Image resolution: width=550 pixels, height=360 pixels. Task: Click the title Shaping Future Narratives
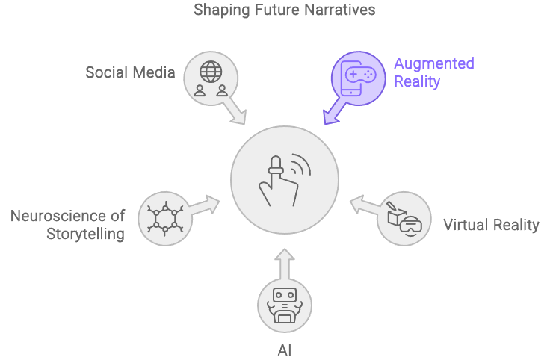[x=284, y=10]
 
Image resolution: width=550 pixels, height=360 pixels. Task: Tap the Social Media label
[x=130, y=72]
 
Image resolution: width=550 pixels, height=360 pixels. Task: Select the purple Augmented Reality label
[x=433, y=72]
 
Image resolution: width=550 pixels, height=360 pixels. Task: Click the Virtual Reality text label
[x=491, y=225]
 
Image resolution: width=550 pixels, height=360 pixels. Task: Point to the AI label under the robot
[x=285, y=348]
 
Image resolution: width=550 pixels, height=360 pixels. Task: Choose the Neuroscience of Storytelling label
[x=67, y=225]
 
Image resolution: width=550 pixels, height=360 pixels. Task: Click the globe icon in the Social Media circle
[x=211, y=71]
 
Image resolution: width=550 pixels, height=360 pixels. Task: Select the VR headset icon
[x=410, y=223]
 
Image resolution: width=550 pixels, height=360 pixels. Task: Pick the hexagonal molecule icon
[x=163, y=217]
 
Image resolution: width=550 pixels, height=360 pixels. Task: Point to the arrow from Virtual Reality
[x=366, y=205]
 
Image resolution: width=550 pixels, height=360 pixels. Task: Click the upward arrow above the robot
[x=285, y=264]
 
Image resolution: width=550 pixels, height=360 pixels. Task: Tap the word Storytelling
[x=83, y=234]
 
